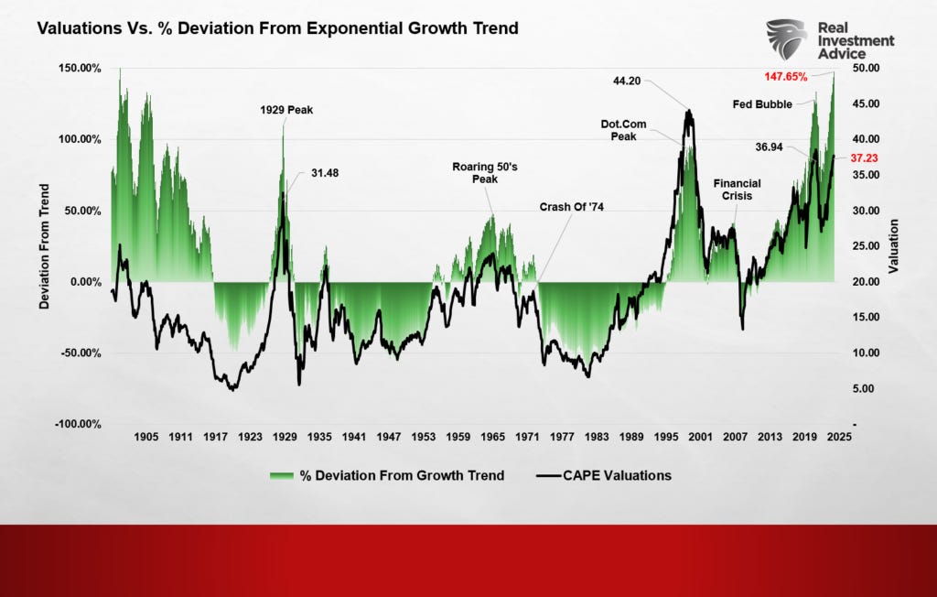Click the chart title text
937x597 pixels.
[277, 28]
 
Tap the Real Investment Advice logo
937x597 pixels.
[830, 40]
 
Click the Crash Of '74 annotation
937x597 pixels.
[572, 207]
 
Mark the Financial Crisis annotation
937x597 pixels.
[737, 190]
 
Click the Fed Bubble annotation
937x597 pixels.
[763, 104]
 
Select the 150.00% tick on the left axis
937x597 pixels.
[81, 68]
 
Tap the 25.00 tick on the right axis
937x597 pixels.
[866, 245]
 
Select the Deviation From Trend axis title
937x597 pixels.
[44, 245]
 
